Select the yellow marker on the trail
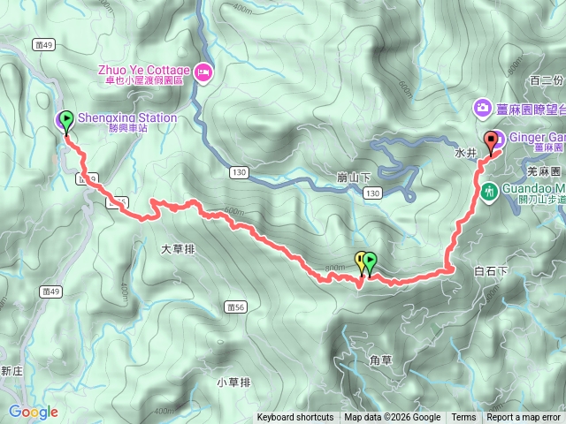[360, 261]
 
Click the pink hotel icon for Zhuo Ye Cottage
[204, 72]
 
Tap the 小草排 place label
[233, 382]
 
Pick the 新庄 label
[11, 372]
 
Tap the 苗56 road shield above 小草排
[235, 307]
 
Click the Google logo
[34, 412]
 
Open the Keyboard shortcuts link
[295, 418]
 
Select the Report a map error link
[524, 418]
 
